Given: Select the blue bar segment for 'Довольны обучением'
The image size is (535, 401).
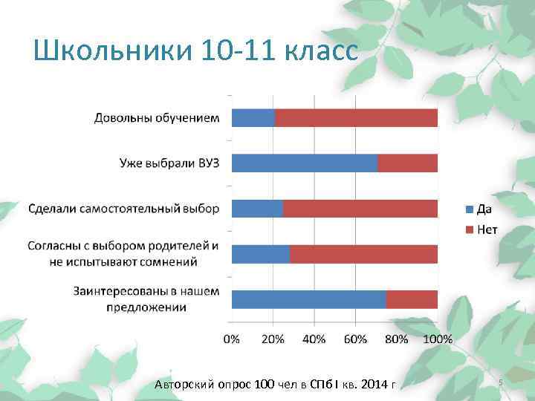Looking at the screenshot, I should [253, 117].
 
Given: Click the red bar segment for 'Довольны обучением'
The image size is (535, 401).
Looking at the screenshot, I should [356, 117].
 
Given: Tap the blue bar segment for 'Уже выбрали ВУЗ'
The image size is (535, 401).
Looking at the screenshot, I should [305, 163].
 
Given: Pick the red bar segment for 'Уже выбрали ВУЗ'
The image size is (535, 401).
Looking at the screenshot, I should [408, 163].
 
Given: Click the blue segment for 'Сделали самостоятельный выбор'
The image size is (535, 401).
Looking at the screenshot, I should [257, 209].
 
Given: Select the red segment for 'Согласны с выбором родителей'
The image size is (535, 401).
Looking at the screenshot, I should [363, 254].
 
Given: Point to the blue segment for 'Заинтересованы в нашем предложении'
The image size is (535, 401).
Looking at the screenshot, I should [309, 299].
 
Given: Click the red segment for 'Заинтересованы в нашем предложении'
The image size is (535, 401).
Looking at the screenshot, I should [412, 299].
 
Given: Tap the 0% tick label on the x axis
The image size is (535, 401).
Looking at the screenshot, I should [232, 339].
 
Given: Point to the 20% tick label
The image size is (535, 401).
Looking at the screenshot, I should [273, 339].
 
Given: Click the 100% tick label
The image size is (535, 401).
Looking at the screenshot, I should [438, 339].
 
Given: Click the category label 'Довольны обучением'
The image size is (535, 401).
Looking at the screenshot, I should [157, 117].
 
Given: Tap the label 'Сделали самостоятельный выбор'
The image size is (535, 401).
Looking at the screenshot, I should [123, 208].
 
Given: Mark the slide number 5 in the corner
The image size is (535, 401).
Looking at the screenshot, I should [501, 382].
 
